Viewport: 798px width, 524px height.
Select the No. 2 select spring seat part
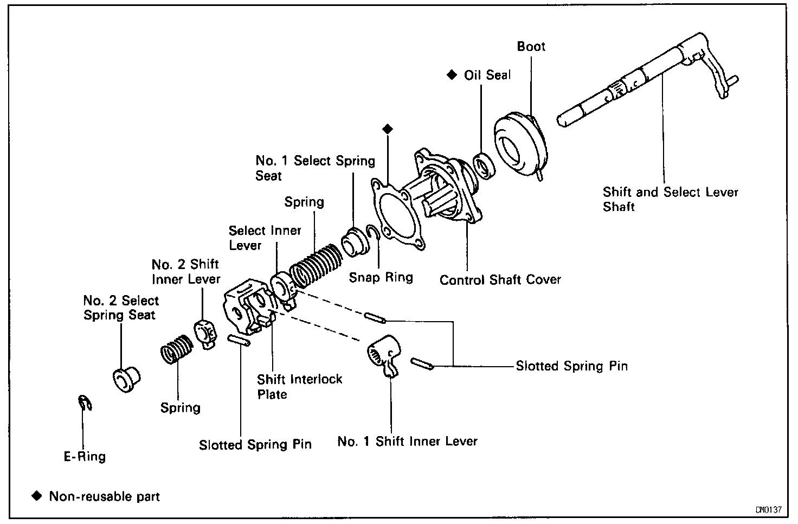pyautogui.click(x=126, y=378)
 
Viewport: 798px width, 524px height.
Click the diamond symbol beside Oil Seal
pyautogui.click(x=450, y=74)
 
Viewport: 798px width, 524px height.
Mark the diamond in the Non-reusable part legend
pyautogui.click(x=36, y=496)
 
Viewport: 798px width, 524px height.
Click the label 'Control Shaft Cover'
pyautogui.click(x=500, y=280)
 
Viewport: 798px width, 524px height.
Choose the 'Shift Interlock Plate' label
pyautogui.click(x=299, y=386)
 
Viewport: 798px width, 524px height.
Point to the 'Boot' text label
pyautogui.click(x=531, y=47)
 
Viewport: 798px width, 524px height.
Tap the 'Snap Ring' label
pyautogui.click(x=381, y=277)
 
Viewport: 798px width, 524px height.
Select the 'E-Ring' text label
pyautogui.click(x=85, y=457)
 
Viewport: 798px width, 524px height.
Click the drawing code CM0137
pyautogui.click(x=768, y=510)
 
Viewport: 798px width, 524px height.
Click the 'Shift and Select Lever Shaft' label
pyautogui.click(x=670, y=199)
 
